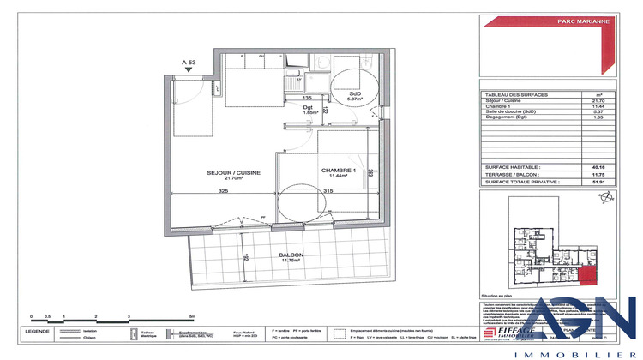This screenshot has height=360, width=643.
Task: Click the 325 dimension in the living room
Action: [x=222, y=191]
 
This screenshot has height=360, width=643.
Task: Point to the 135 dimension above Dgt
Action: [x=306, y=98]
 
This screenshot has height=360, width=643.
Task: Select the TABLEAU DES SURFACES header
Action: [x=517, y=94]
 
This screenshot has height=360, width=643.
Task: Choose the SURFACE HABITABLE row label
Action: [x=513, y=168]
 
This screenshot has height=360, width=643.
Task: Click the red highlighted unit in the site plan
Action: [x=586, y=275]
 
